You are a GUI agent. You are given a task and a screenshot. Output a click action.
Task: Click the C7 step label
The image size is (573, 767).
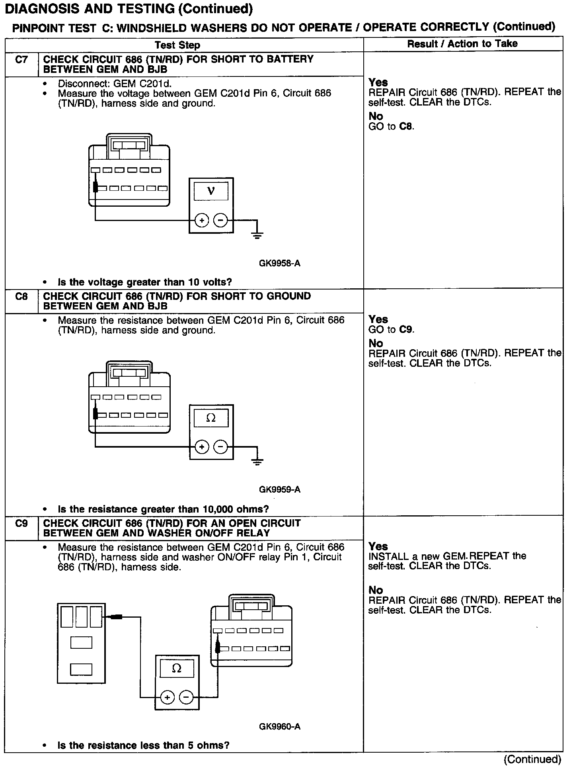[21, 60]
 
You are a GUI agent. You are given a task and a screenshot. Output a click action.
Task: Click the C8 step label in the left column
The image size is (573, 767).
[21, 297]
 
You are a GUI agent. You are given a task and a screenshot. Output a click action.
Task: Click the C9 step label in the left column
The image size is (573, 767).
[21, 524]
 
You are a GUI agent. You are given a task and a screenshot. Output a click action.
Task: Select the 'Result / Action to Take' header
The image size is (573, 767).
[462, 44]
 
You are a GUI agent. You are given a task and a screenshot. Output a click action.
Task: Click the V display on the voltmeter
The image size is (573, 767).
[211, 191]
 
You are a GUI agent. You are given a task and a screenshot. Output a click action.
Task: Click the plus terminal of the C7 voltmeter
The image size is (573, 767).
[202, 220]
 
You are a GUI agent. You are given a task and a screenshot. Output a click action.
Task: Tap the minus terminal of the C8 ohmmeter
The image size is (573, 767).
[221, 447]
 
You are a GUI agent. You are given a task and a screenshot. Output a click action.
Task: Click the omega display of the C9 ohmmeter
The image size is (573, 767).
[177, 668]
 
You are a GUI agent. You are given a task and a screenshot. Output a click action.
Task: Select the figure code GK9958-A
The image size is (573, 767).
[280, 263]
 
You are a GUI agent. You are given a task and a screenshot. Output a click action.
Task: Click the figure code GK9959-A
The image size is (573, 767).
[280, 490]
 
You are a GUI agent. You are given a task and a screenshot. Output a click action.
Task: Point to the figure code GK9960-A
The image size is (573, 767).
[280, 727]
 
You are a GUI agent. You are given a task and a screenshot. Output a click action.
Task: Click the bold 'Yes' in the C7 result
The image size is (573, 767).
[378, 82]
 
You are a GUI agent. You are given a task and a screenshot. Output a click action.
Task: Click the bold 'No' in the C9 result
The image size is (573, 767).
[376, 590]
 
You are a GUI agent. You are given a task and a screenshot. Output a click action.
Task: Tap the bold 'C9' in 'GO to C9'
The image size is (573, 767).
[406, 330]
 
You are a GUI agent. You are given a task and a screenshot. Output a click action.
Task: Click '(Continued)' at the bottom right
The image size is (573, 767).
[532, 759]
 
